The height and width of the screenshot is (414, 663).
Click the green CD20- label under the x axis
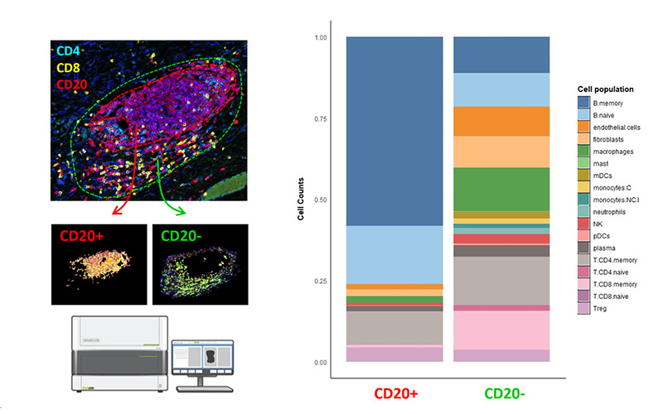pyautogui.click(x=501, y=393)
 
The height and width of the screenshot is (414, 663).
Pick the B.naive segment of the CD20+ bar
pyautogui.click(x=394, y=254)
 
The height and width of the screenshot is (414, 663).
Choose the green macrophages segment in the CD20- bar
pyautogui.click(x=501, y=189)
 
